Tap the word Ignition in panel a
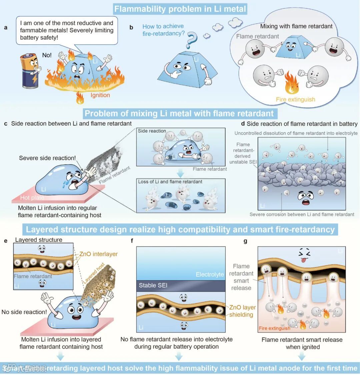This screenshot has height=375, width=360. tap(100, 95)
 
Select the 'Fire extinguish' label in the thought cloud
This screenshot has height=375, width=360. tap(295, 99)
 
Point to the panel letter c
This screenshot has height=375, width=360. tap(6, 124)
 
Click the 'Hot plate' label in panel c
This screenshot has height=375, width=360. tap(32, 197)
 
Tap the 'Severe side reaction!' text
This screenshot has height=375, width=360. tap(47, 158)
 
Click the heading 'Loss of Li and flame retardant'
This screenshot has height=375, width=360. tap(170, 182)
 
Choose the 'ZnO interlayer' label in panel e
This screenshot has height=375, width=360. tap(98, 254)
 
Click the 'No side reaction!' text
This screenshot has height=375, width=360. tap(24, 312)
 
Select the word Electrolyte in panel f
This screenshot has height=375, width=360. tap(210, 274)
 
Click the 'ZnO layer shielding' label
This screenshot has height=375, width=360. tap(242, 311)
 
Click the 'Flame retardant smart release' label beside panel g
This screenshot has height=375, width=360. tap(241, 277)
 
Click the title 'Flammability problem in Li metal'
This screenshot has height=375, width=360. tap(180, 9)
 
